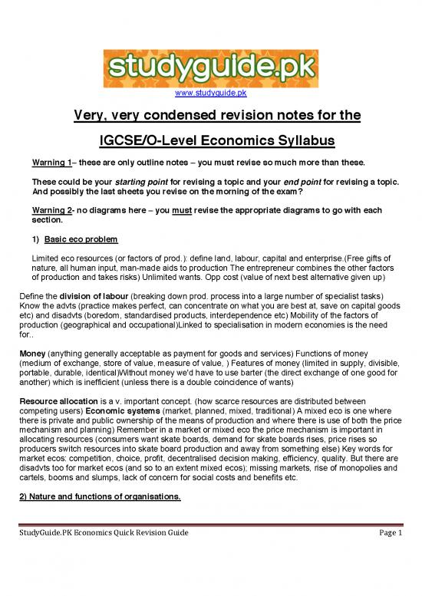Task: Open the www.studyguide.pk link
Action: [x=210, y=94]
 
